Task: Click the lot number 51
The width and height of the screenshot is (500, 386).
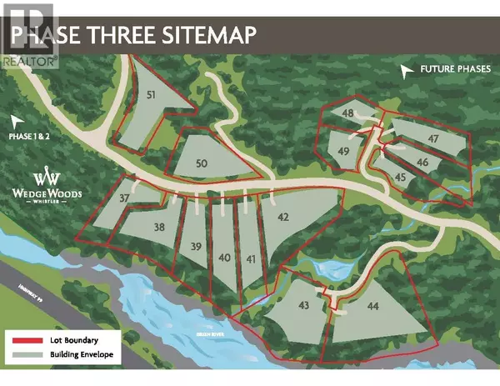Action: (152, 96)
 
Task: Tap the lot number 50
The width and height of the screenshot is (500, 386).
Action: (201, 163)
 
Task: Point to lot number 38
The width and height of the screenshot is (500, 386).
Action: (160, 226)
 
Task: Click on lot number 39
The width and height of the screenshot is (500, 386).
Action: (197, 246)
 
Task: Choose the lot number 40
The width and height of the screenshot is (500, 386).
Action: (225, 258)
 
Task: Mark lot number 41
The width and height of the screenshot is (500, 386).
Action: (251, 258)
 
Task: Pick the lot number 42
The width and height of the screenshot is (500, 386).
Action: (283, 217)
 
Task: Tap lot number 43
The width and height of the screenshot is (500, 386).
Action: (303, 306)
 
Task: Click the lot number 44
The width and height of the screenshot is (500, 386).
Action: (372, 307)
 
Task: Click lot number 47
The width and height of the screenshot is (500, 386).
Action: (433, 138)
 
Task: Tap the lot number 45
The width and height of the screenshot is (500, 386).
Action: (400, 177)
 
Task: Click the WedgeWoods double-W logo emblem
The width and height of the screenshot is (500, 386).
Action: (47, 178)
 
